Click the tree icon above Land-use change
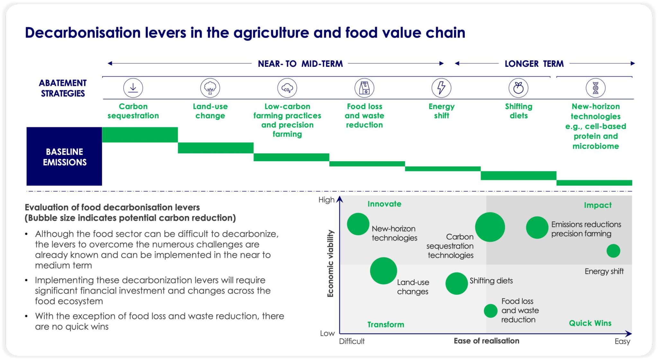[210, 88]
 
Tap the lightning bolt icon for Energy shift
[441, 88]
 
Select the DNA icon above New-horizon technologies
[595, 88]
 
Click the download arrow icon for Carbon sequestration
[133, 88]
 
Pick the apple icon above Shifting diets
[518, 88]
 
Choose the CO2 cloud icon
[287, 88]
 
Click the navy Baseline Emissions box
[64, 156]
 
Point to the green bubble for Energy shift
[613, 251]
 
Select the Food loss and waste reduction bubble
[490, 311]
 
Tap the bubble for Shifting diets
[456, 284]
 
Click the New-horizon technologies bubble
[358, 224]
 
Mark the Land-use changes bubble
[383, 271]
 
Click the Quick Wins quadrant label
[590, 323]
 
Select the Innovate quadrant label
[384, 204]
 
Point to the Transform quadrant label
[386, 325]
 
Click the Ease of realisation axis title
[486, 341]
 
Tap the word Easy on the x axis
[622, 341]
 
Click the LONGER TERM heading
[534, 64]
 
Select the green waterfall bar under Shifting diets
[518, 175]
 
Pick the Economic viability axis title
[330, 263]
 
